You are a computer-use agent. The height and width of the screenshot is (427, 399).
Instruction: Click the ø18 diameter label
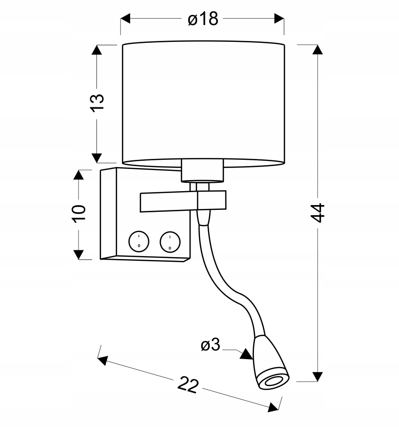202,19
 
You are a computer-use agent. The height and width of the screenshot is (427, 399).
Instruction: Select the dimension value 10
79,212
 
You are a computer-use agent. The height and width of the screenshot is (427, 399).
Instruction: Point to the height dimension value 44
317,211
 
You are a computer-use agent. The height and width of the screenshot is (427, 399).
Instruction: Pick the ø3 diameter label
210,345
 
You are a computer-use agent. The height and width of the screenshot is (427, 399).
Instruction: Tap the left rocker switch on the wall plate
138,241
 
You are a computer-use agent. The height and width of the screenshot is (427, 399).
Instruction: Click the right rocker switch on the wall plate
169,241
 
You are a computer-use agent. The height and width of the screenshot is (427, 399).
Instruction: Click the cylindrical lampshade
203,104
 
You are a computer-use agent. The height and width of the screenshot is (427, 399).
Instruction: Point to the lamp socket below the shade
203,170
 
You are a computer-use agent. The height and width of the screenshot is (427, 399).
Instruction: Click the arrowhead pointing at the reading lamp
246,355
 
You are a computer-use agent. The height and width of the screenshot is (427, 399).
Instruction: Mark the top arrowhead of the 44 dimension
317,50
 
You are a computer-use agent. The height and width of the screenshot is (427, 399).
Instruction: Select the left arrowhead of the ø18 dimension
125,19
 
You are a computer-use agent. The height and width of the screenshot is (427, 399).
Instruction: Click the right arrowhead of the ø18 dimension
279,19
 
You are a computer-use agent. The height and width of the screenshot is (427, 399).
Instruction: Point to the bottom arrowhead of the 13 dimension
97,157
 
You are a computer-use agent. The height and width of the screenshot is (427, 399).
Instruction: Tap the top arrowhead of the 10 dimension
79,175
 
